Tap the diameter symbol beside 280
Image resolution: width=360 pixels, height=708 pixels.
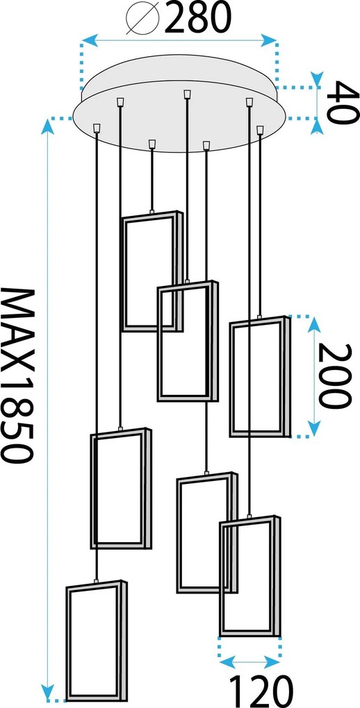142,19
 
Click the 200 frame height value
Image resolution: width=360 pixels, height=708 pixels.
334,376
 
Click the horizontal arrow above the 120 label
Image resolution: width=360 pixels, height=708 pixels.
249,662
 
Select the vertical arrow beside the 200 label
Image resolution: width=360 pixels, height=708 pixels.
314,376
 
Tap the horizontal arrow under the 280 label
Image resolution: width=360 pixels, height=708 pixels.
179,41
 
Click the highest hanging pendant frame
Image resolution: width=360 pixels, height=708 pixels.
123,271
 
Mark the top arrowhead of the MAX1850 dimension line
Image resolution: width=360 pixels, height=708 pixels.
47,126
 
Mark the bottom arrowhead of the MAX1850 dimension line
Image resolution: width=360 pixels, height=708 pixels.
47,692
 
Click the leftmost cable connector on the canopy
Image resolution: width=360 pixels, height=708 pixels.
97,128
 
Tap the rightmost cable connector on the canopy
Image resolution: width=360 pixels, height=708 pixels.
260,130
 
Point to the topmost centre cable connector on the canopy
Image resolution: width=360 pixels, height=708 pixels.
187,94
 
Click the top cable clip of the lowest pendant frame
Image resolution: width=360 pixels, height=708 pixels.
96,581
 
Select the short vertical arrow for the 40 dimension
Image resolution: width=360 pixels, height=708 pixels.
318,103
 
